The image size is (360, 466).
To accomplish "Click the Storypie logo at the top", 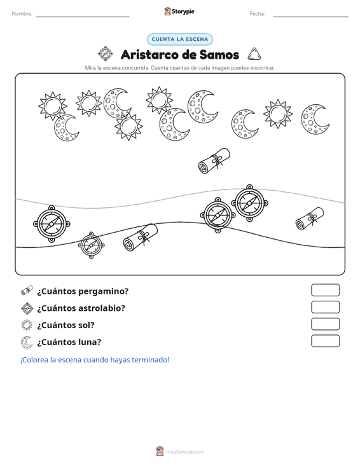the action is pyautogui.click(x=179, y=11).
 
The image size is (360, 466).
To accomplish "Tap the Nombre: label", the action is pyautogui.click(x=22, y=14).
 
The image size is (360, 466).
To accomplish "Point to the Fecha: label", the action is pyautogui.click(x=258, y=14).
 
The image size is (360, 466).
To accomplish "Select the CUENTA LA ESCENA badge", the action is pyautogui.click(x=180, y=39).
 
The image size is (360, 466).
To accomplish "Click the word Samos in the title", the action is pyautogui.click(x=219, y=55).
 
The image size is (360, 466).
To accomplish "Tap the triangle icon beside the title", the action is pyautogui.click(x=254, y=54).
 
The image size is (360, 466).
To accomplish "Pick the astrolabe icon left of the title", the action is pyautogui.click(x=106, y=54).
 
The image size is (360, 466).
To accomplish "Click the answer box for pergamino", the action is pyautogui.click(x=325, y=290).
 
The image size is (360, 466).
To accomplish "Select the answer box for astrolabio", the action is pyautogui.click(x=325, y=307).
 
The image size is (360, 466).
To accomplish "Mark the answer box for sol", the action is pyautogui.click(x=325, y=324).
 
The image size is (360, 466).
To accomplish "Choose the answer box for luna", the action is pyautogui.click(x=325, y=341).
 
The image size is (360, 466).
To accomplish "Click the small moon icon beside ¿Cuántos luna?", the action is pyautogui.click(x=27, y=342).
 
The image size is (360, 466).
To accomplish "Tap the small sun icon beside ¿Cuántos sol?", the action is pyautogui.click(x=27, y=325).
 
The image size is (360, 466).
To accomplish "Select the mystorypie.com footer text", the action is pyautogui.click(x=185, y=452).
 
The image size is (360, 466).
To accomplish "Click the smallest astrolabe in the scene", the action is pyautogui.click(x=91, y=245).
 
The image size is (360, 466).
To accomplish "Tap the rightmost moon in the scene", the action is pyautogui.click(x=315, y=119).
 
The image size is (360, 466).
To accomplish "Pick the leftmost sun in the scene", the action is pyautogui.click(x=53, y=106).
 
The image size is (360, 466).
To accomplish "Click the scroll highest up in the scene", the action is pyautogui.click(x=214, y=161).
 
